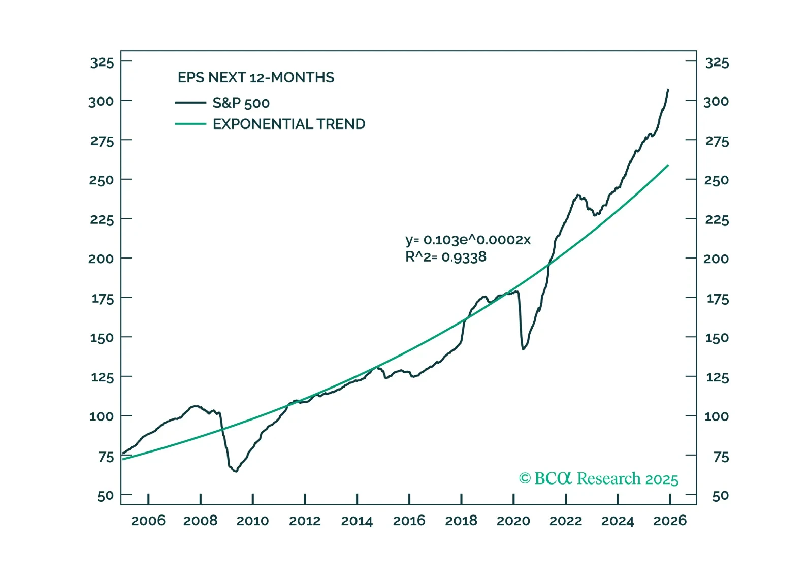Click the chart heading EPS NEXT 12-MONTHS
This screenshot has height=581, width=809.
pyautogui.click(x=255, y=77)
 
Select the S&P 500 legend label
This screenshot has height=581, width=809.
pyautogui.click(x=241, y=103)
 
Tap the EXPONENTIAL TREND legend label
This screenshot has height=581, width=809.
pyautogui.click(x=288, y=124)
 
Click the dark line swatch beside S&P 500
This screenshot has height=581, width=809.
pyautogui.click(x=190, y=103)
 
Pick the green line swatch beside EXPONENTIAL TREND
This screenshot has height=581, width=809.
pyautogui.click(x=190, y=124)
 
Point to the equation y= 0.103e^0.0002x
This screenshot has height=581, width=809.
pyautogui.click(x=467, y=240)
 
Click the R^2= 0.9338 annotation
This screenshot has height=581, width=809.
pyautogui.click(x=445, y=257)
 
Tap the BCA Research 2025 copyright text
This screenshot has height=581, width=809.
pyautogui.click(x=598, y=478)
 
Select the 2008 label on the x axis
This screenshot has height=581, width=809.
pyautogui.click(x=200, y=521)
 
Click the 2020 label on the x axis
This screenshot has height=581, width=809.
pyautogui.click(x=513, y=521)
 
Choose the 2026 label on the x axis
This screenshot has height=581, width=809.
pyautogui.click(x=669, y=521)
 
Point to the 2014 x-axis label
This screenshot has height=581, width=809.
pyautogui.click(x=357, y=521)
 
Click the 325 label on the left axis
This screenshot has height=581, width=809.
pyautogui.click(x=102, y=62)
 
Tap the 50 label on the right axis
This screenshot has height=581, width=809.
pyautogui.click(x=720, y=496)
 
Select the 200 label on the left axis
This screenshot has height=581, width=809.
pyautogui.click(x=101, y=259)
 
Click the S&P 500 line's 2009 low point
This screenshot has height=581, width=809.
pyautogui.click(x=236, y=471)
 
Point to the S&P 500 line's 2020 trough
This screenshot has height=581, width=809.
pyautogui.click(x=523, y=349)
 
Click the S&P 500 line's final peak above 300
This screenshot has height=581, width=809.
pyautogui.click(x=668, y=90)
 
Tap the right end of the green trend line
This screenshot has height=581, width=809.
pyautogui.click(x=668, y=165)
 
